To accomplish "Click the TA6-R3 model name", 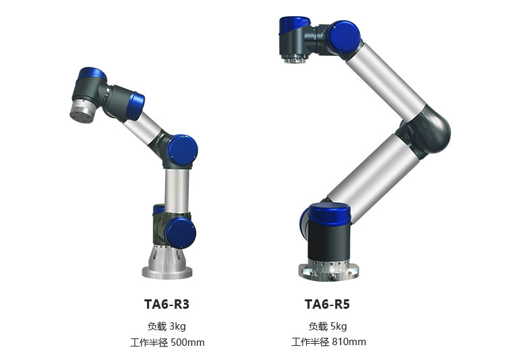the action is click(x=167, y=304).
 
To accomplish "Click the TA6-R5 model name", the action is click(x=327, y=304).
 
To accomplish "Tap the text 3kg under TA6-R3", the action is click(x=177, y=326).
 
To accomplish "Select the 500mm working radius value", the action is click(x=187, y=342).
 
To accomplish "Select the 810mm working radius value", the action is click(x=349, y=342).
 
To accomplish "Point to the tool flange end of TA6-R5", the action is click(x=295, y=58).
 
